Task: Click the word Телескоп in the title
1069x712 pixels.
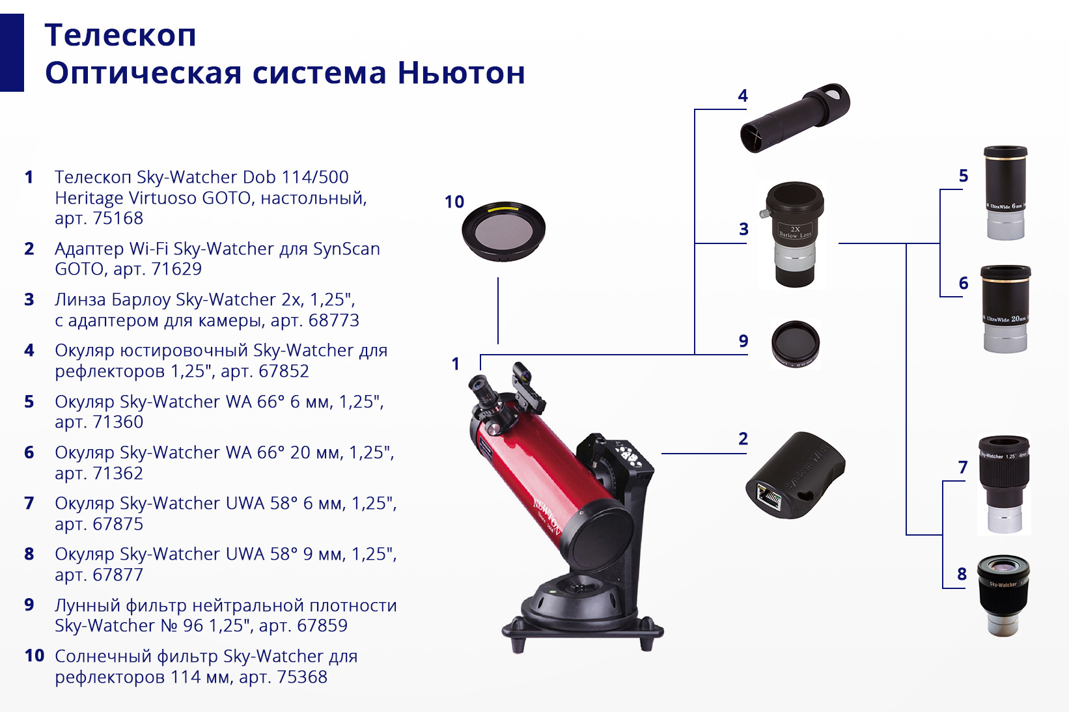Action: pyautogui.click(x=120, y=35)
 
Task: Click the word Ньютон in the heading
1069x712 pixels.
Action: pyautogui.click(x=461, y=73)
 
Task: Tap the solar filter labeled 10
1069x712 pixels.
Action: pyautogui.click(x=503, y=231)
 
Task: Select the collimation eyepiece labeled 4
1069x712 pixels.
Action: pyautogui.click(x=795, y=118)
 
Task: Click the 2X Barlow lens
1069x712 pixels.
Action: pyautogui.click(x=795, y=234)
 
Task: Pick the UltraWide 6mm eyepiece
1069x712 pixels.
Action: pyautogui.click(x=1005, y=193)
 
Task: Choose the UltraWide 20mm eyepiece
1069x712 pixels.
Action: pyautogui.click(x=1005, y=309)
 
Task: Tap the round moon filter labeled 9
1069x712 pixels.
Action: pyautogui.click(x=796, y=344)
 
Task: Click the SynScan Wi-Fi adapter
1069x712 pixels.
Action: pyautogui.click(x=795, y=476)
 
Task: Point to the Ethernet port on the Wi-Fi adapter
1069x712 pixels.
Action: pyautogui.click(x=768, y=497)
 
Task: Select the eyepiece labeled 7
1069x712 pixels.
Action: pyautogui.click(x=1004, y=484)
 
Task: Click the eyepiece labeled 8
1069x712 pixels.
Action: pyautogui.click(x=1003, y=595)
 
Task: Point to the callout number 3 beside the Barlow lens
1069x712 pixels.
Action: pyautogui.click(x=743, y=229)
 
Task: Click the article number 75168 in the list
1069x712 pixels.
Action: pyautogui.click(x=118, y=218)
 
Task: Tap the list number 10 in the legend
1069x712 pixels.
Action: pyautogui.click(x=35, y=655)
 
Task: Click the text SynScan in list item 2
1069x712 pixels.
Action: pyautogui.click(x=346, y=249)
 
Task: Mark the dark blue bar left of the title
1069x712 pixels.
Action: pyautogui.click(x=12, y=53)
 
